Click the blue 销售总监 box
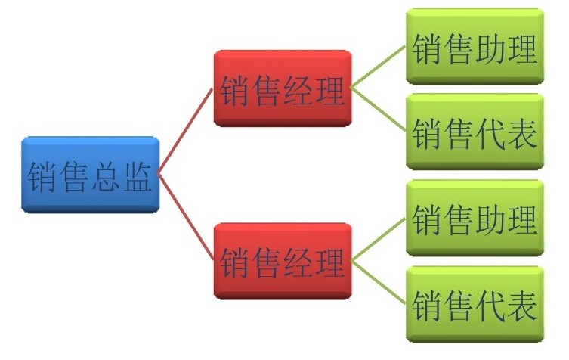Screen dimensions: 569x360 point(91,175)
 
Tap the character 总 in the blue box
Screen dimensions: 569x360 point(106,176)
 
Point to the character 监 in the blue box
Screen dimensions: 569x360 point(138,176)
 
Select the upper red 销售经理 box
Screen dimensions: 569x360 point(283,88)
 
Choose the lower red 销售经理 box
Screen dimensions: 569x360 point(283,261)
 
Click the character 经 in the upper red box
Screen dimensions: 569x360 point(298,91)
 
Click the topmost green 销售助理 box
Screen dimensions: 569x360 point(475,46)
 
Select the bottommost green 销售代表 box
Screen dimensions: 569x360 point(475,305)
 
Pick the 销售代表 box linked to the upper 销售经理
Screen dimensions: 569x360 point(475,132)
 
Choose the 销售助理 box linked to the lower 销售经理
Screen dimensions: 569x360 point(475,218)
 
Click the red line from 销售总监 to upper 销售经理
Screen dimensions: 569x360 point(186,132)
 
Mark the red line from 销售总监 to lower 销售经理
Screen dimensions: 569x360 point(186,218)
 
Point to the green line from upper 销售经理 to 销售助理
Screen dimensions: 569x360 point(379,67)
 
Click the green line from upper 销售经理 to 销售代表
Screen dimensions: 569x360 point(379,110)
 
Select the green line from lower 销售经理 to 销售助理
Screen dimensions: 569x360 point(379,240)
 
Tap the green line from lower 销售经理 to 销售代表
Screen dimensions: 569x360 point(379,282)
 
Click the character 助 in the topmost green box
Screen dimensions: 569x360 point(490,48)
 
